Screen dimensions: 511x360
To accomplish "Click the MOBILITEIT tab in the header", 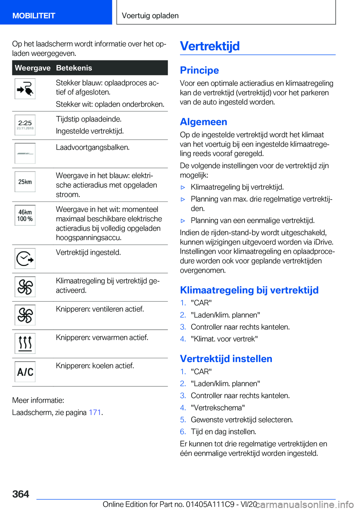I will point(34,16).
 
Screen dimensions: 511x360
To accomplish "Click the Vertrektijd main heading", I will point(210,46).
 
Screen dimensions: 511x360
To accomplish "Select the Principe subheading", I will point(199,70).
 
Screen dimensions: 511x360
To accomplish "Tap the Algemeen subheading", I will point(203,122).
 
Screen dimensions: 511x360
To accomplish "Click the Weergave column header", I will point(33,68).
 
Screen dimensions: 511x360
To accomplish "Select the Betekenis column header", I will point(74,68).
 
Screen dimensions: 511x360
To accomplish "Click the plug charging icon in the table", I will point(25,89).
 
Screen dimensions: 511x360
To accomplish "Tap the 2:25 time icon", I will point(25,125).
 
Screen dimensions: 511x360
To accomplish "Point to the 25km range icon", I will point(25,182).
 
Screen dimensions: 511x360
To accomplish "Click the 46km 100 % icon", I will point(25,215).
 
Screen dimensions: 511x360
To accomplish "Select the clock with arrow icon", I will point(25,259).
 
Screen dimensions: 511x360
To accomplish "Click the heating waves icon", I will point(25,343).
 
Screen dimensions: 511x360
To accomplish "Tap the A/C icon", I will point(25,372).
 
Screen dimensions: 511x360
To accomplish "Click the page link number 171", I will point(95,412).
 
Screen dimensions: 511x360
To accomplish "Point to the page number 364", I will point(21,494).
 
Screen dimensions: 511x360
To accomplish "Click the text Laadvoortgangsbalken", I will point(93,147).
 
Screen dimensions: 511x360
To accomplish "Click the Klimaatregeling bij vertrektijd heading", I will point(249,290).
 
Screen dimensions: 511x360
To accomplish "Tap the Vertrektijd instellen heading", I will point(226,359).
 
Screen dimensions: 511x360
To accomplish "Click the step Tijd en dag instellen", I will point(223,431).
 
